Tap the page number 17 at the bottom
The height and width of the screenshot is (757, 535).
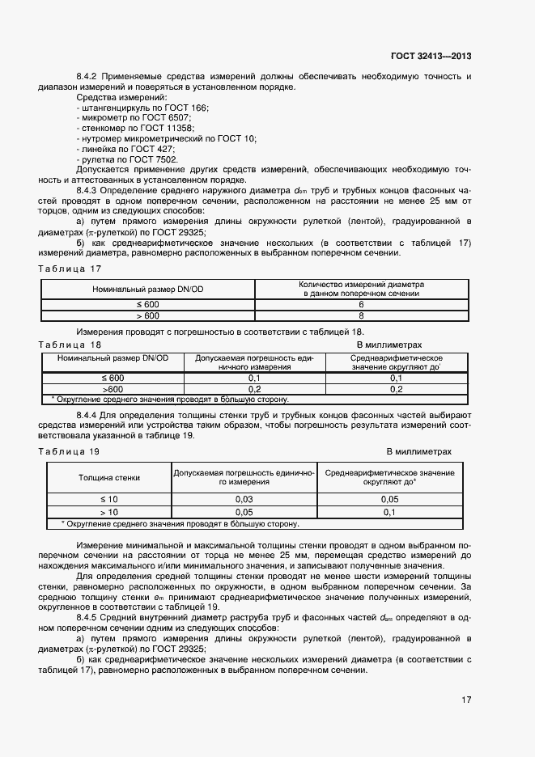(x=467, y=700)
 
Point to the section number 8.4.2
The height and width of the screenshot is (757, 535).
(x=87, y=76)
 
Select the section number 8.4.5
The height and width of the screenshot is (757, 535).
(x=87, y=617)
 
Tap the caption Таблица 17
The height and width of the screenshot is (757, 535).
(x=70, y=268)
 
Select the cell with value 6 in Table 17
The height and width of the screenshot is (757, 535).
(x=360, y=305)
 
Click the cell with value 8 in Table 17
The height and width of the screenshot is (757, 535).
(x=360, y=315)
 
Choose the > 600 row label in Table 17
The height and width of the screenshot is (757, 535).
(x=148, y=315)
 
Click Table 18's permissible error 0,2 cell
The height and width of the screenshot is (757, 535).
(x=253, y=389)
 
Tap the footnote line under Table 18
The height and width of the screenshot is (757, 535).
(x=169, y=399)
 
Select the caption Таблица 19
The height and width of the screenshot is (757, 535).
(x=70, y=451)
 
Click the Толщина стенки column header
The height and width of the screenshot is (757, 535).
(x=108, y=477)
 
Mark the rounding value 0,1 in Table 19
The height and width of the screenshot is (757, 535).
(x=389, y=512)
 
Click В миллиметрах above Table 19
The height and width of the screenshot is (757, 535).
(x=418, y=451)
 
